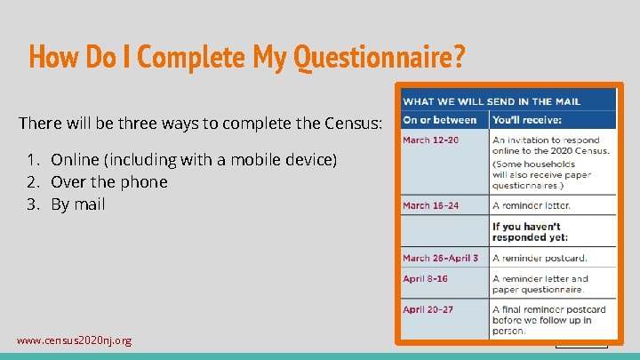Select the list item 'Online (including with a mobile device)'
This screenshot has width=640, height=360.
click(194, 160)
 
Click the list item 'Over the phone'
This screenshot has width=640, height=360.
click(109, 182)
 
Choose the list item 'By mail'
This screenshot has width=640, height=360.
click(78, 204)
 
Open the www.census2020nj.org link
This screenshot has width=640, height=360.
click(74, 340)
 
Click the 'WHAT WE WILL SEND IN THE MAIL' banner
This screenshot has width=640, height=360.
click(492, 101)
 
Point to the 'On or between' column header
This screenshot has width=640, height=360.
click(440, 120)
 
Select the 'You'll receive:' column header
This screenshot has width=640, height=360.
click(525, 120)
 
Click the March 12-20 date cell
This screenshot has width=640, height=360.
click(431, 140)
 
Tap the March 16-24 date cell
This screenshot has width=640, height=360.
click(431, 205)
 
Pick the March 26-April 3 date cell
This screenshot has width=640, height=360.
click(440, 258)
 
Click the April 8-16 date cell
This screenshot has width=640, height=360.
click(426, 278)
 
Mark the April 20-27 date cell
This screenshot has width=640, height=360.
click(429, 309)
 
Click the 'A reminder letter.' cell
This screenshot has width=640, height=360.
click(532, 205)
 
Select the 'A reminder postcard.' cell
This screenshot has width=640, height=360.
click(540, 258)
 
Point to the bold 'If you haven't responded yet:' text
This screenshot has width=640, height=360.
click(532, 232)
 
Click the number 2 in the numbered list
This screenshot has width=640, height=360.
click(31, 182)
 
